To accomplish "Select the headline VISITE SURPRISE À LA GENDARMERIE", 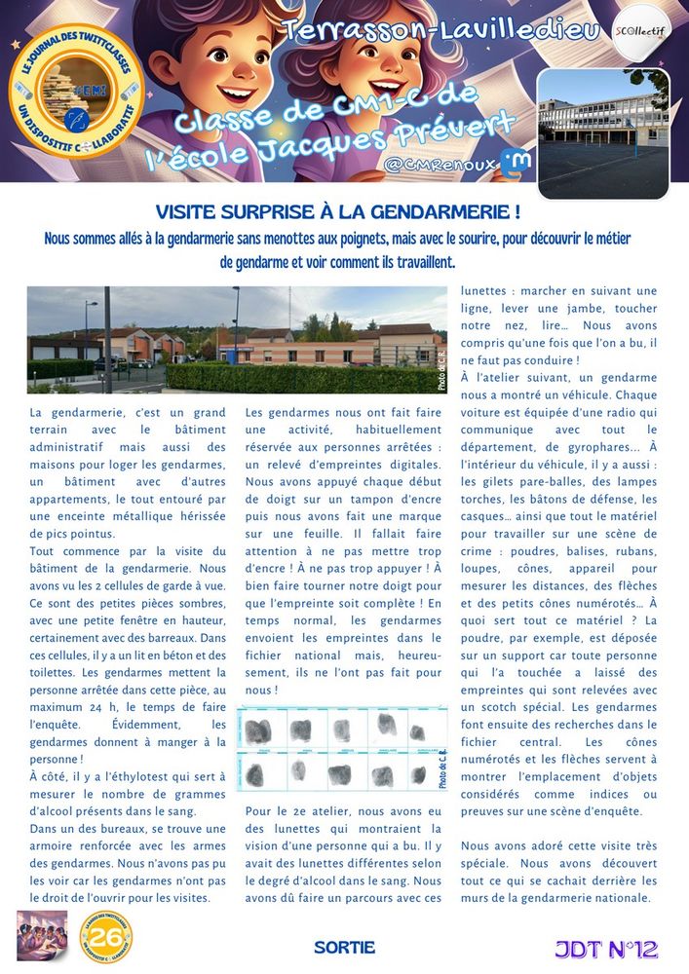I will (337, 211).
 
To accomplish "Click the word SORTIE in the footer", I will (344, 948).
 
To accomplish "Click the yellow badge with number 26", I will (106, 937).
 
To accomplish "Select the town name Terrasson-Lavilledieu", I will (440, 31).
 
